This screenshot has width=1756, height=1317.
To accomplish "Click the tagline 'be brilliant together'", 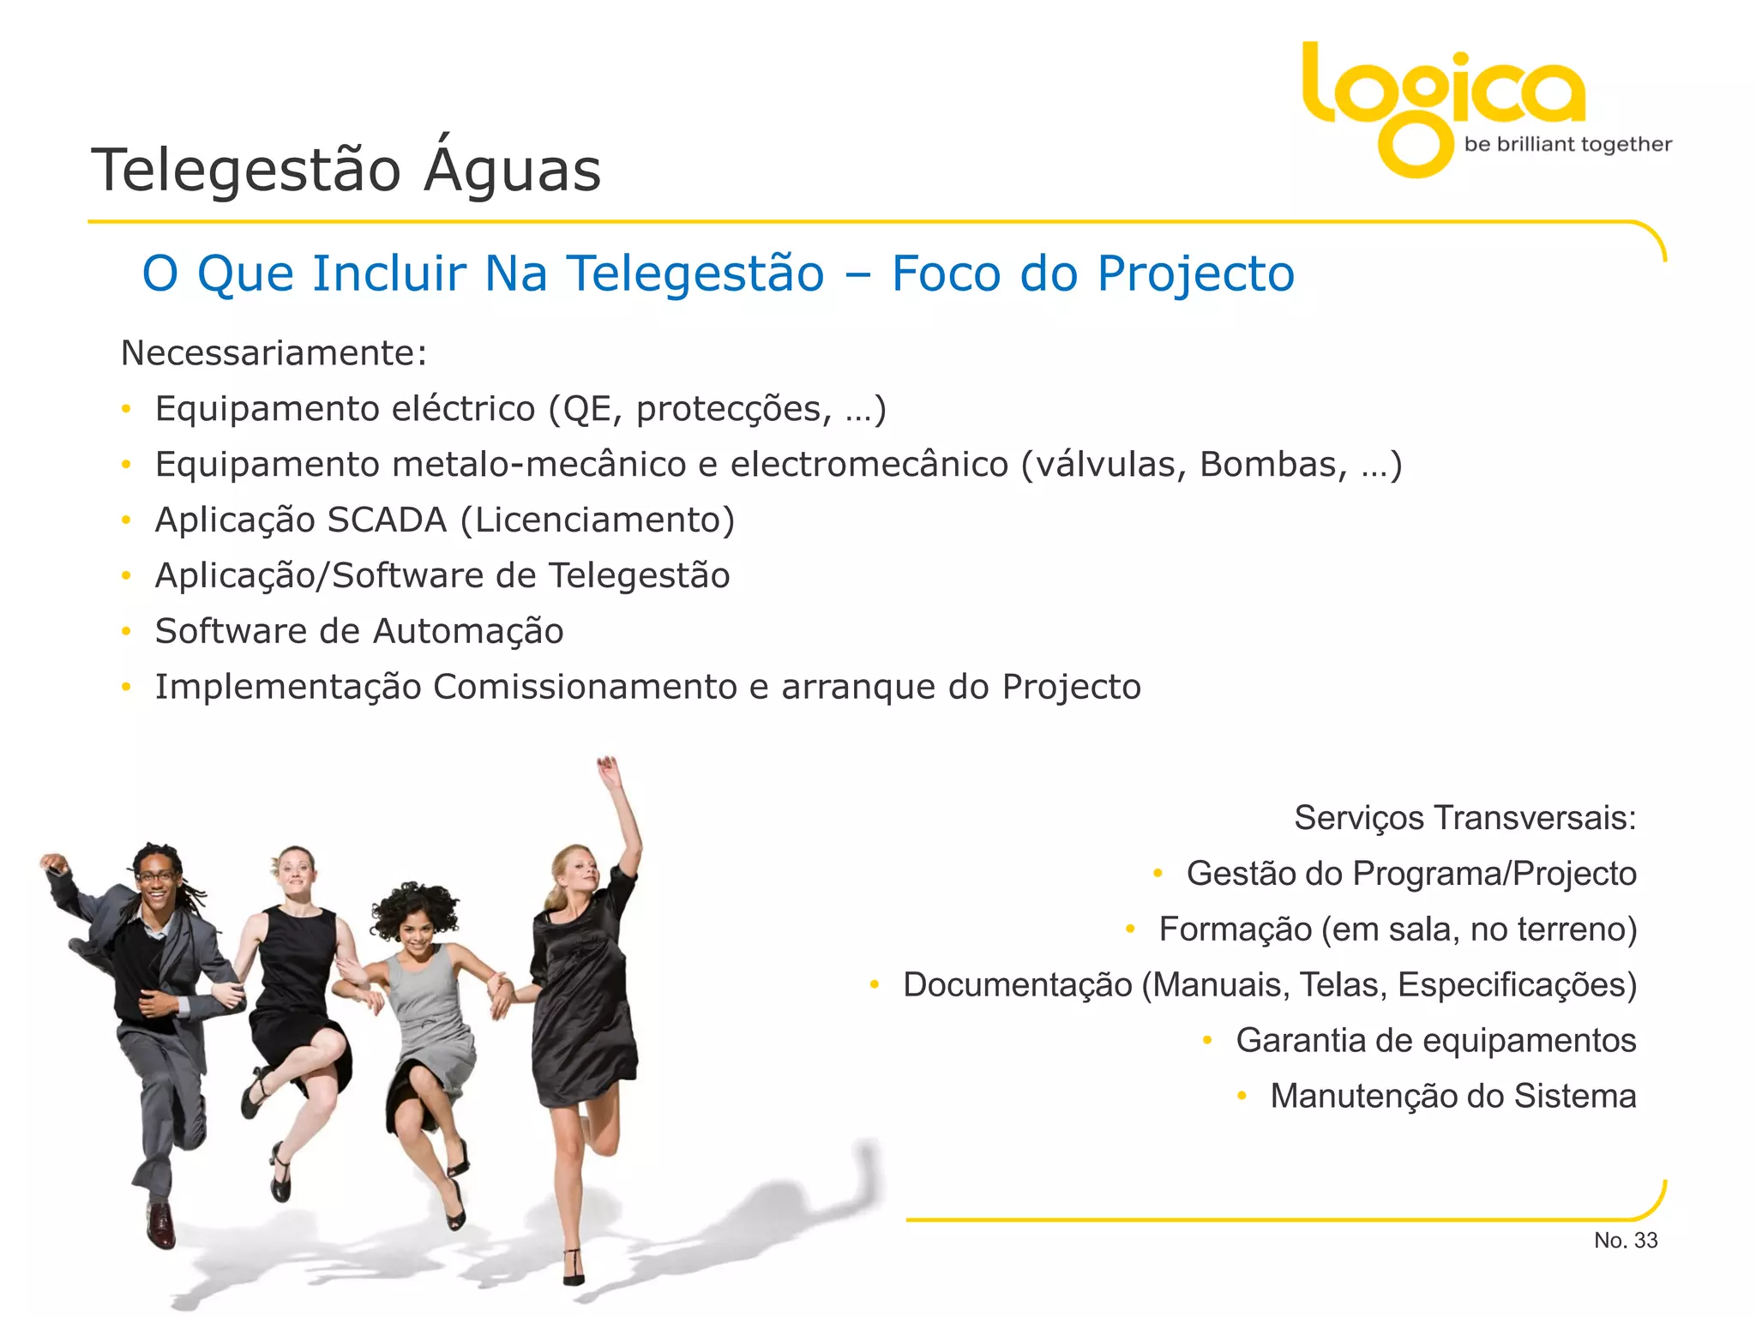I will click(x=1567, y=144).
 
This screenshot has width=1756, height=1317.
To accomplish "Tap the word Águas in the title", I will click(x=513, y=169).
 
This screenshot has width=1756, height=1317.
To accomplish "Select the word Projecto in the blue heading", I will click(x=1195, y=274).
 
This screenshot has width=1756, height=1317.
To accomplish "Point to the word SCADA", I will click(x=387, y=520).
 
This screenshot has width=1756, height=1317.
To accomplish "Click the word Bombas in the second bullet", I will click(x=1272, y=465).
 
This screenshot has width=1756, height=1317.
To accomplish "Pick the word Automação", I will click(x=468, y=632).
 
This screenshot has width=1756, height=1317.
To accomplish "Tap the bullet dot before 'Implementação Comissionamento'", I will click(x=126, y=687).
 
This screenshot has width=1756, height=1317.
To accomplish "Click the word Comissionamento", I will click(x=585, y=687).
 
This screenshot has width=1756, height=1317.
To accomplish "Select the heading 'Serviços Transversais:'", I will click(x=1464, y=818).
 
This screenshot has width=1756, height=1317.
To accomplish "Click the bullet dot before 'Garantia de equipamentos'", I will click(x=1207, y=1041).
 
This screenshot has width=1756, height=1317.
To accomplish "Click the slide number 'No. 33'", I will click(x=1625, y=1241).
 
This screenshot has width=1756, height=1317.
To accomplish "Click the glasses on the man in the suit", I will click(x=156, y=876).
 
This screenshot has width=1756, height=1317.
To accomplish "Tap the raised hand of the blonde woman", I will click(x=609, y=769).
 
